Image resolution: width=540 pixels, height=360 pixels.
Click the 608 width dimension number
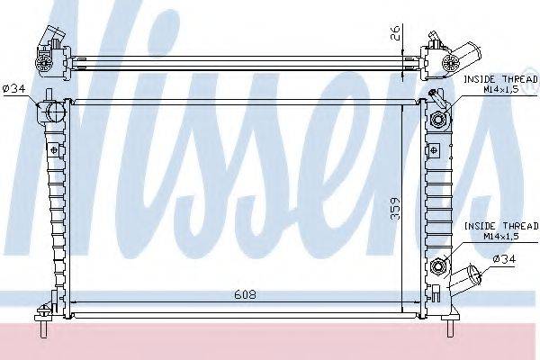pos(244,292)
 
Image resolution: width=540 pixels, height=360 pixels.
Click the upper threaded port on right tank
pos(441,121)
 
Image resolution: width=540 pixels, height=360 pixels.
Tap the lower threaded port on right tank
pos(441,265)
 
